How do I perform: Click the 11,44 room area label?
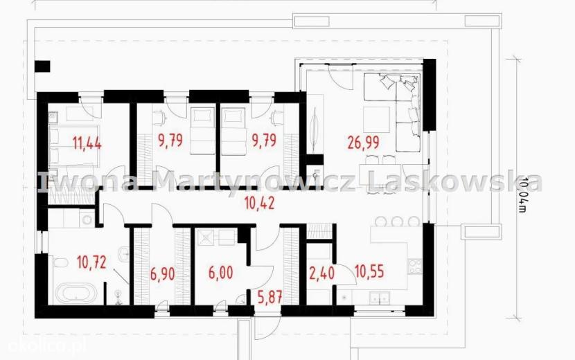pyautogui.click(x=87, y=143)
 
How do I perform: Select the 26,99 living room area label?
pyautogui.click(x=364, y=143)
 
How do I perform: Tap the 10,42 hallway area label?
pyautogui.click(x=260, y=203)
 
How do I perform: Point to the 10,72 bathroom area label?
pyautogui.click(x=91, y=262)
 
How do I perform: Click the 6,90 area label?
pyautogui.click(x=162, y=273)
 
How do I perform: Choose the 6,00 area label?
pyautogui.click(x=220, y=273)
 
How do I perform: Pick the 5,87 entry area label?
pyautogui.click(x=270, y=297)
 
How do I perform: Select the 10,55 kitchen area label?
pyautogui.click(x=370, y=271)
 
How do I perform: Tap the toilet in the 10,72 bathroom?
pyautogui.click(x=60, y=263)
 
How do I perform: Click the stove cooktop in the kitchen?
pyautogui.click(x=415, y=266)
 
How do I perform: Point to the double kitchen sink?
pyautogui.click(x=379, y=298)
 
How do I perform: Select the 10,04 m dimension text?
pyautogui.click(x=523, y=195)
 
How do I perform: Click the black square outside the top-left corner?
pyautogui.click(x=42, y=66)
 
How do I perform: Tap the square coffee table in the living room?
pyautogui.click(x=376, y=120)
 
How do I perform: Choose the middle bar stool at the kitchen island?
pyautogui.click(x=398, y=222)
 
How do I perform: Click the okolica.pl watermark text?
pyautogui.click(x=43, y=345)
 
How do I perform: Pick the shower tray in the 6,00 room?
pyautogui.click(x=206, y=237)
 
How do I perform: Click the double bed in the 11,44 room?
pyautogui.click(x=74, y=146)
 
